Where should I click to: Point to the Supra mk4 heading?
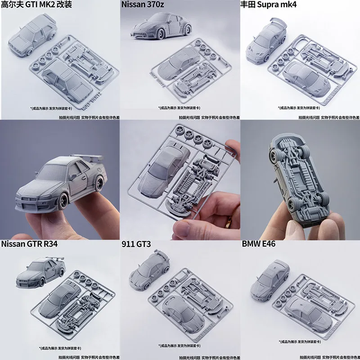point(270,5)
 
